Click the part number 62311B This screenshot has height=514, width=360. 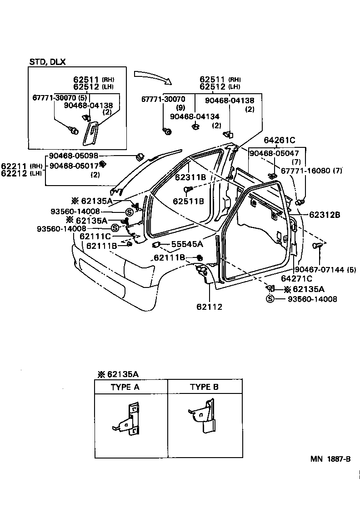coord(190,177)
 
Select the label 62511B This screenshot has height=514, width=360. coord(188,201)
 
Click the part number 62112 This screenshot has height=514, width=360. coord(209,307)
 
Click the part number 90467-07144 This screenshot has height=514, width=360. coord(321,270)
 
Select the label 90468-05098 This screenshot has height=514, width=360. coord(74,156)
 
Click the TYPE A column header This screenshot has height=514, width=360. coord(125,387)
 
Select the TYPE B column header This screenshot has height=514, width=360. coord(204,387)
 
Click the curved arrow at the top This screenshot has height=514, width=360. coord(153,76)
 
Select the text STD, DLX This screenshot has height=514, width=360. coord(48,62)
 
